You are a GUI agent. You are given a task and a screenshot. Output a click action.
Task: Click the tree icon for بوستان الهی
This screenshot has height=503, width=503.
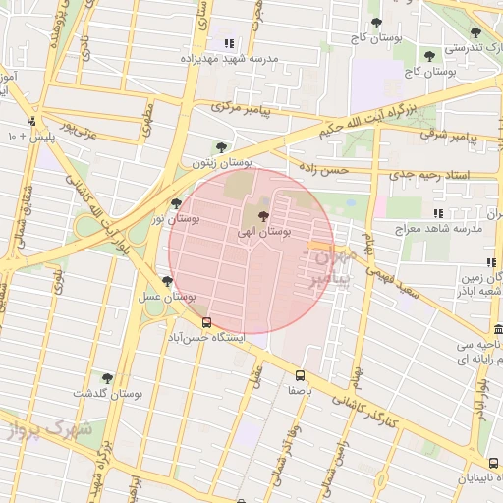pos(262,216)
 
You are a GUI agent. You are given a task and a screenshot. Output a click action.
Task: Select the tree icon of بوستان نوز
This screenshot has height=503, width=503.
pos(176,203)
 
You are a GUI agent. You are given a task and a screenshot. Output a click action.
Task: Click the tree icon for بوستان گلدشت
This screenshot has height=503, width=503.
pos(107,377)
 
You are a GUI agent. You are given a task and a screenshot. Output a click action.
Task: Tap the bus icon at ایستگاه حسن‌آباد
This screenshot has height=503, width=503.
pos(206,321)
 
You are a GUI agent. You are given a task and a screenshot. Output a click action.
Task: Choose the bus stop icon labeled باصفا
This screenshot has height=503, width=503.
pos(300,374)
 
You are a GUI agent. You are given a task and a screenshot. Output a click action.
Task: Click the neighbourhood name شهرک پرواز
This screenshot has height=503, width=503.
pos(46,429)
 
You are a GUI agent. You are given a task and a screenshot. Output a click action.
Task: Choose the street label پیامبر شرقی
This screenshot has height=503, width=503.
pos(472,138)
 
